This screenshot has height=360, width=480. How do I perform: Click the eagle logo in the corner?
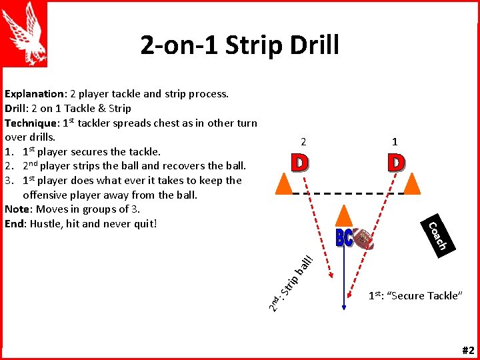(24, 33)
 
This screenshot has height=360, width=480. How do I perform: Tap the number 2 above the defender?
(303, 141)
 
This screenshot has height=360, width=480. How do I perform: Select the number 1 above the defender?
(395, 141)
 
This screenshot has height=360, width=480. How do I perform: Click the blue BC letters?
(344, 239)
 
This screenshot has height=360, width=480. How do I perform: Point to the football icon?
(363, 238)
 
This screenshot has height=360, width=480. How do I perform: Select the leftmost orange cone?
(284, 182)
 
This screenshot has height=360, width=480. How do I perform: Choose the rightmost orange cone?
(413, 182)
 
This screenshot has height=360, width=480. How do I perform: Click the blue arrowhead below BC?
(343, 306)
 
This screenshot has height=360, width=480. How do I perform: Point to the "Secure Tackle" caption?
(415, 296)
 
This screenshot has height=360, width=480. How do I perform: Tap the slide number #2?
(467, 351)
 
